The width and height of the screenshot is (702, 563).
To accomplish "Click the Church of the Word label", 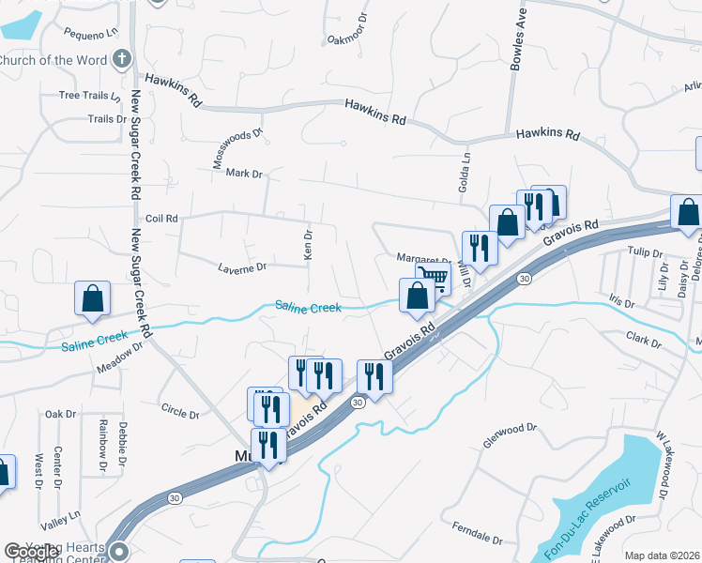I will (x=52, y=61).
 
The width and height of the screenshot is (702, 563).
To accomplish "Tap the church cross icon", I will (x=120, y=60).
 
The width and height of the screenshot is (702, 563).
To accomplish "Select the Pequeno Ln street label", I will (x=92, y=33).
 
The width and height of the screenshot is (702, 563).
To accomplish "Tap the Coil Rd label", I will (x=161, y=219).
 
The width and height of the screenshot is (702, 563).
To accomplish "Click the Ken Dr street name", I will (x=307, y=243).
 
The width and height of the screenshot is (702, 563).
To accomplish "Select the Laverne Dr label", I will (x=242, y=268).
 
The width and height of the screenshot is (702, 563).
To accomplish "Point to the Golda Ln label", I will (x=464, y=173).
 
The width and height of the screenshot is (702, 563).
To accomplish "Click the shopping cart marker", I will (x=434, y=276).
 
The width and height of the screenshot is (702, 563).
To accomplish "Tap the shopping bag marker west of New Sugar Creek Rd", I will (x=93, y=298).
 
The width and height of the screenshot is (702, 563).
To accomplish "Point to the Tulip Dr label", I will (x=645, y=252).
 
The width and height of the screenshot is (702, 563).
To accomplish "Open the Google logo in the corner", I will (x=30, y=552).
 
